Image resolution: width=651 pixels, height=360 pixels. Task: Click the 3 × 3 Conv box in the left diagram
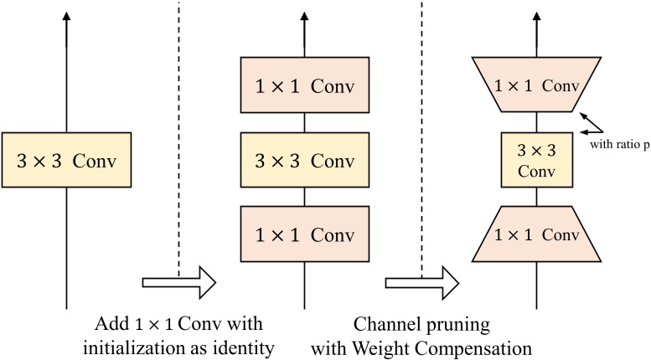click(x=66, y=159)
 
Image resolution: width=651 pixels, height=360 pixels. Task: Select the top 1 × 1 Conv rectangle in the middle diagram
click(x=304, y=85)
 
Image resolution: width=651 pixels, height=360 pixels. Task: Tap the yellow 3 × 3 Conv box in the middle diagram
click(x=304, y=159)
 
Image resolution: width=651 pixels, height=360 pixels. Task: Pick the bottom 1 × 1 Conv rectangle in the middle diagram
click(x=304, y=234)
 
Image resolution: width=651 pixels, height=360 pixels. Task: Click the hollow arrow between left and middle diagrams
click(x=179, y=282)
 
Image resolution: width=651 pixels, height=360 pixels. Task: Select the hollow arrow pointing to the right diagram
click(x=421, y=282)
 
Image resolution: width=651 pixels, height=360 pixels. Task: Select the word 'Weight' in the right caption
click(x=400, y=344)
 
